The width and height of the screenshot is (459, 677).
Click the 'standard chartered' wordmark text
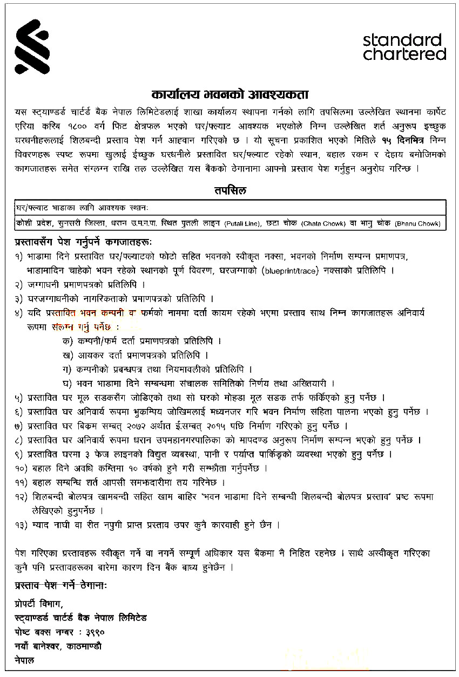[404, 47]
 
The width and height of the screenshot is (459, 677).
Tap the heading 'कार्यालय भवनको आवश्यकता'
[230, 94]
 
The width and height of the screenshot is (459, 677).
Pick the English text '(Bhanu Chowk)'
[417, 223]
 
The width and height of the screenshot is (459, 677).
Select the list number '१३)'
[22, 524]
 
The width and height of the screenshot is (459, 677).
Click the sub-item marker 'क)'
[67, 341]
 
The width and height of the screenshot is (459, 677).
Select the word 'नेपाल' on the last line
[24, 660]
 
